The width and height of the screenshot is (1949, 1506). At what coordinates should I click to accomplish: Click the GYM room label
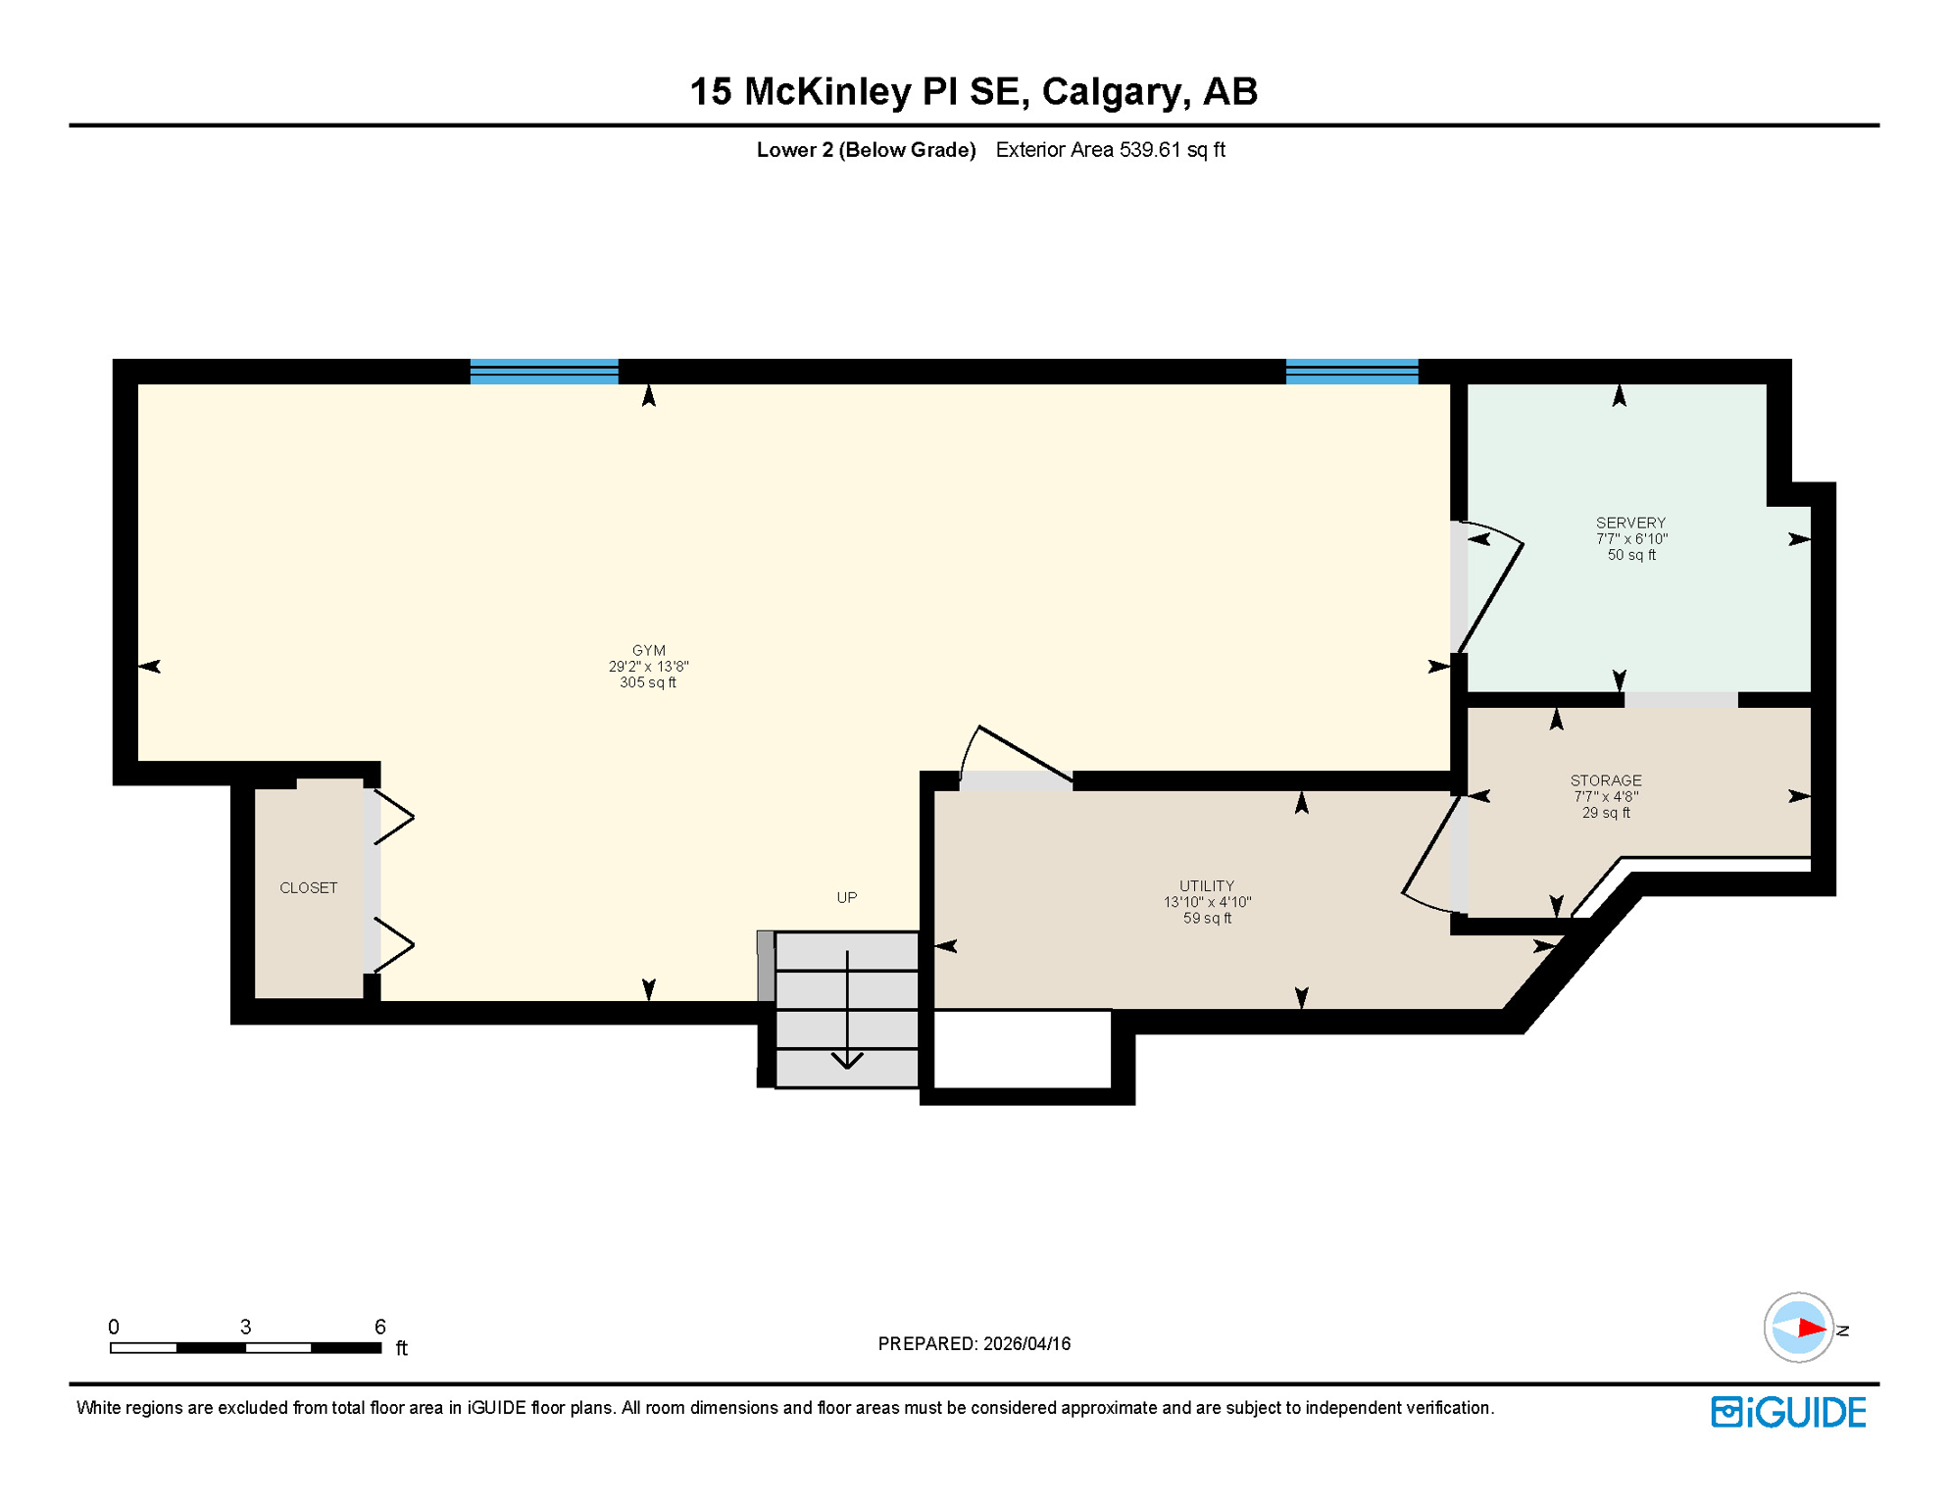click(648, 650)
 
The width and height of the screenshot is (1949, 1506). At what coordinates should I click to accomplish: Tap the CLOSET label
click(308, 887)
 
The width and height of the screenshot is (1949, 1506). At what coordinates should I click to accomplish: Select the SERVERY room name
click(1630, 523)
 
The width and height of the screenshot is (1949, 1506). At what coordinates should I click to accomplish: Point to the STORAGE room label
click(1606, 780)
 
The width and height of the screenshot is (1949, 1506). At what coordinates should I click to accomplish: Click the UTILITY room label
click(1206, 885)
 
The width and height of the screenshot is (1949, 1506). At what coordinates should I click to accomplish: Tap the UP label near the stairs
click(846, 897)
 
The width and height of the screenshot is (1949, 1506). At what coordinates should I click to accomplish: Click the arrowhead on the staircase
click(847, 1060)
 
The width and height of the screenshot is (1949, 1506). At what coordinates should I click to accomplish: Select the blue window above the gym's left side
click(544, 371)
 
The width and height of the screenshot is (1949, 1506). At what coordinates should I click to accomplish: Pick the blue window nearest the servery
click(1351, 371)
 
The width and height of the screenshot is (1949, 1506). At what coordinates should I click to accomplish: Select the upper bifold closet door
click(392, 816)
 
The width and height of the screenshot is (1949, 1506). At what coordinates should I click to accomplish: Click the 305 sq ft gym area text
click(648, 682)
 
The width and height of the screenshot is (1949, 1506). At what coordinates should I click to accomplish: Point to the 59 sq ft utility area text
click(1206, 919)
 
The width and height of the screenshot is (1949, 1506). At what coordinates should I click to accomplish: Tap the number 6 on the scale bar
click(380, 1327)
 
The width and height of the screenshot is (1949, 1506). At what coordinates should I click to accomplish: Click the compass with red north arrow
click(1798, 1328)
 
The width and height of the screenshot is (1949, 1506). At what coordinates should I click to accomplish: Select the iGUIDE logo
click(1788, 1412)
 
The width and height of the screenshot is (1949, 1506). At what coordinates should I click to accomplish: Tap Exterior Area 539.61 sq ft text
click(1110, 150)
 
